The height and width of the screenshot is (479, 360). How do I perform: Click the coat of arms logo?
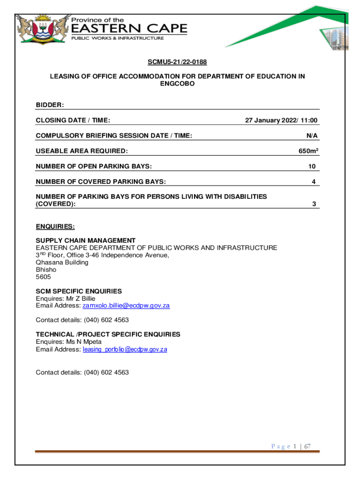pyautogui.click(x=41, y=29)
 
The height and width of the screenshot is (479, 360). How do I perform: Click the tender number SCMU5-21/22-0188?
pyautogui.click(x=178, y=62)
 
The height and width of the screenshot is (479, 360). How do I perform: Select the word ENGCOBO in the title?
pyautogui.click(x=178, y=83)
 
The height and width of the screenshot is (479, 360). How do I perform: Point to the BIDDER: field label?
pyautogui.click(x=50, y=105)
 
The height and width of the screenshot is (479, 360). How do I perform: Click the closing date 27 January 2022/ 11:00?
pyautogui.click(x=281, y=120)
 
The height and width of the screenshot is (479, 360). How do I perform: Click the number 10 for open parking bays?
pyautogui.click(x=312, y=167)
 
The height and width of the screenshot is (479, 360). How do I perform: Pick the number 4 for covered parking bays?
pyautogui.click(x=314, y=181)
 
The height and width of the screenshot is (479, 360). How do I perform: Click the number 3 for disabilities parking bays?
pyautogui.click(x=314, y=204)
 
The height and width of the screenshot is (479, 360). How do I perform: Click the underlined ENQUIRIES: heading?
pyautogui.click(x=55, y=227)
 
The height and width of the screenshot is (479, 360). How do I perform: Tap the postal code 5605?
pyautogui.click(x=43, y=277)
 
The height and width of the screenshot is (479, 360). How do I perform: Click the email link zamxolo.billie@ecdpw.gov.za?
pyautogui.click(x=126, y=305)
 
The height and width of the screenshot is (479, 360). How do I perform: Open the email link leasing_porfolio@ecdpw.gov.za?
pyautogui.click(x=125, y=349)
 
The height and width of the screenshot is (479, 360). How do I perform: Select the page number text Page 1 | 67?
pyautogui.click(x=291, y=446)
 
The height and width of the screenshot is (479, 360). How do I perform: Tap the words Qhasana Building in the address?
pyautogui.click(x=62, y=262)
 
